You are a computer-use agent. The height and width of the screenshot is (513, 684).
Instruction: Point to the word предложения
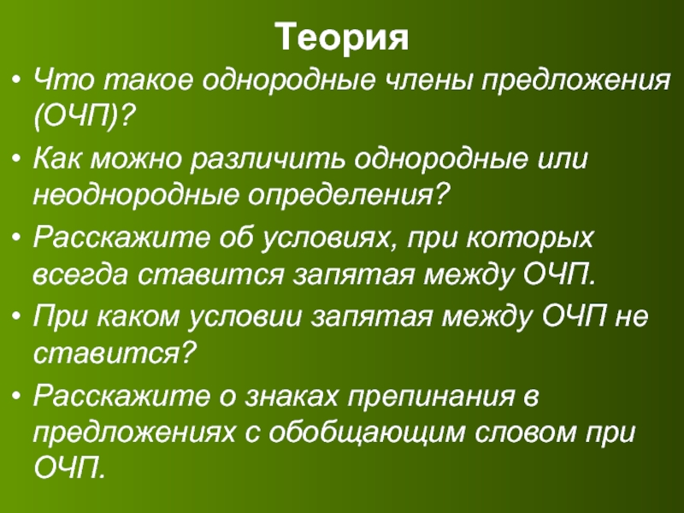tap(575, 80)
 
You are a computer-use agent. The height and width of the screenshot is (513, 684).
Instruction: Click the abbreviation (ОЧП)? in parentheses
tap(83, 116)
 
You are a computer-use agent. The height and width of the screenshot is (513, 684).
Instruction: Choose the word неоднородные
tap(136, 195)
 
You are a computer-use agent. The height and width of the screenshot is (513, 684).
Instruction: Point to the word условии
tap(245, 317)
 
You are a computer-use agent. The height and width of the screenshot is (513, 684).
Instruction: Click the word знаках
tap(292, 397)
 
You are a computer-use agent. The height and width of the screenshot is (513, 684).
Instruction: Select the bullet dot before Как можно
tap(16, 160)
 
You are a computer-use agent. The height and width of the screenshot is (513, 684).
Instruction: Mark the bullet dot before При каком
tap(16, 317)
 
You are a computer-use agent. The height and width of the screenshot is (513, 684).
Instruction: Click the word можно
tap(135, 160)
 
